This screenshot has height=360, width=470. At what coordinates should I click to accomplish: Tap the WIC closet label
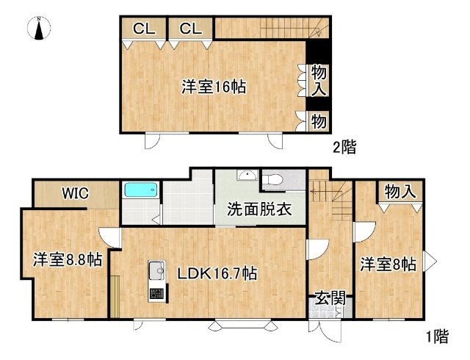tap(75, 194)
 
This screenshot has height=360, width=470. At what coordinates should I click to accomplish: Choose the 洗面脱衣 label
tap(258, 209)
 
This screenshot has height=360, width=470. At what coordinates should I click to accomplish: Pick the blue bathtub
tap(140, 190)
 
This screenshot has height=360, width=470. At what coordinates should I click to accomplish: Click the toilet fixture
tap(272, 179)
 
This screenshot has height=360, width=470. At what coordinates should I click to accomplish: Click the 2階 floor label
tap(344, 147)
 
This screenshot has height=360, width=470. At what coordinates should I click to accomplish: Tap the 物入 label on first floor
tap(400, 192)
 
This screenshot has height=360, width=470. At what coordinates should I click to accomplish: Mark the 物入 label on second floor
tap(319, 80)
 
